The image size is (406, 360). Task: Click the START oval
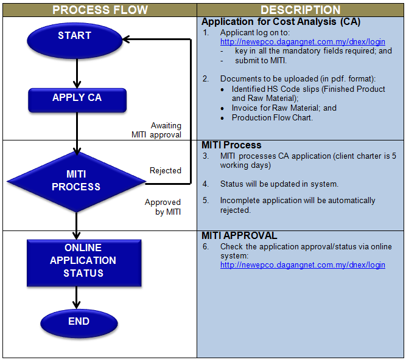74,37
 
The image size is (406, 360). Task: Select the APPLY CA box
77,98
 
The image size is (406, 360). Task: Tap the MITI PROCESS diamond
76,181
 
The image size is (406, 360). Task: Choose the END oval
79,322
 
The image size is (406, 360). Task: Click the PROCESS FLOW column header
99,10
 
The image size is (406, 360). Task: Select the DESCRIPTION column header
301,10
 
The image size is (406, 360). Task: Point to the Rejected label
165,170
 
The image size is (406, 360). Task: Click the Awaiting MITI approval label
158,130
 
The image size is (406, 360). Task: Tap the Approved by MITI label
163,207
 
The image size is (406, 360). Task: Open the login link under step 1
303,42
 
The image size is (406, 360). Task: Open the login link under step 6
303,265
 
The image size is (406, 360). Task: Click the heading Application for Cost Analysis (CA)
281,22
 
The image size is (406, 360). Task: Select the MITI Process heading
231,145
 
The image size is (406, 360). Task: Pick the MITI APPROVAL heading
239,236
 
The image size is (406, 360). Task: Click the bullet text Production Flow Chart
271,117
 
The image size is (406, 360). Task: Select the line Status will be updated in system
279,184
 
